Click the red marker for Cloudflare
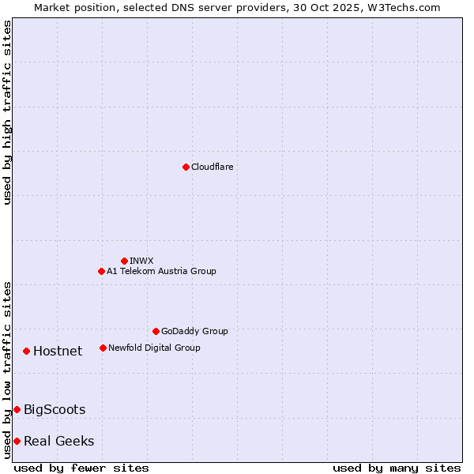click(186, 167)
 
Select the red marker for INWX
click(124, 261)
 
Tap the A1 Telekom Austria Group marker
click(101, 271)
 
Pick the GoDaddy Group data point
click(156, 331)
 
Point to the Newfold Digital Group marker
click(103, 348)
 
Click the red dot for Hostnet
click(26, 351)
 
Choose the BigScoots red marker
click(17, 409)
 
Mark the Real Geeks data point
click(17, 441)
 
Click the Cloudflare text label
click(212, 167)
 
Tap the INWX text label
click(141, 261)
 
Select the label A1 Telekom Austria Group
click(161, 271)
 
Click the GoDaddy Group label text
click(194, 331)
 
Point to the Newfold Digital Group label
click(154, 348)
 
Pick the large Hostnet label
click(58, 351)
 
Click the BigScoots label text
click(55, 409)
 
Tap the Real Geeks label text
click(58, 441)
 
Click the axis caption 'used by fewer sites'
click(81, 468)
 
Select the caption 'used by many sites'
click(397, 468)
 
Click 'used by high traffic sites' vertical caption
click(7, 112)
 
